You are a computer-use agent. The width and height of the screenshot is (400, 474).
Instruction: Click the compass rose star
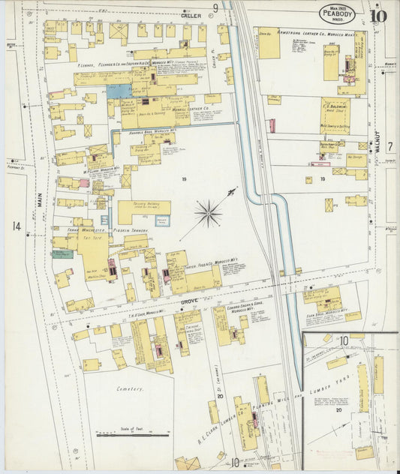coord(208,213)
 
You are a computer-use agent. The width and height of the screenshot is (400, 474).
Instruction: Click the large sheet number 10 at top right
coord(379,14)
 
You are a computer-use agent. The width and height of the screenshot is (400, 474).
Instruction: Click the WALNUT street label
coord(380,141)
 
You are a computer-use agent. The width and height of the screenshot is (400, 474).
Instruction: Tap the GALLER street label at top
coord(192,15)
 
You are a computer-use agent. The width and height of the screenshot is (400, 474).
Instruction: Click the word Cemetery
coord(129,389)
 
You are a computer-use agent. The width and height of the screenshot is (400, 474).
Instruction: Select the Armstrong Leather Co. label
coord(309,33)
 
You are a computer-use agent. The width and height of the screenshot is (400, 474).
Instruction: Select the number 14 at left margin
coord(16,226)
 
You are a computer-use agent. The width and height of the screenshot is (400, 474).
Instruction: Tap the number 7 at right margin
coord(390,146)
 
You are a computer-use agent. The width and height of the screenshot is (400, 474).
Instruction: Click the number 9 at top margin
coord(215,8)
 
